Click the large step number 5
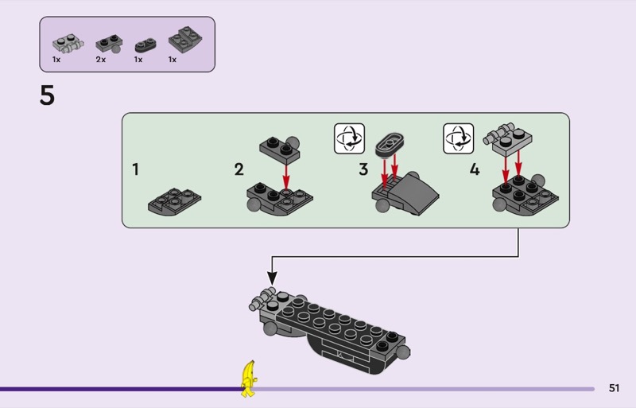tap(48, 96)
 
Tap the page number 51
tap(614, 388)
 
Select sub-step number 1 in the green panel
tap(136, 169)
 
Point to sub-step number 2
tap(239, 169)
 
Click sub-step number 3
tap(363, 169)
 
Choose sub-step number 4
tap(475, 169)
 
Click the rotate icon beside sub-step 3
tap(349, 138)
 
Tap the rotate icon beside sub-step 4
tap(459, 138)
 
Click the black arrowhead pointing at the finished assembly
tap(272, 278)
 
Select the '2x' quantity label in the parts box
tap(101, 60)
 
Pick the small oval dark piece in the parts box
tap(144, 45)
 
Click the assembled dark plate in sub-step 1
tap(174, 200)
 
